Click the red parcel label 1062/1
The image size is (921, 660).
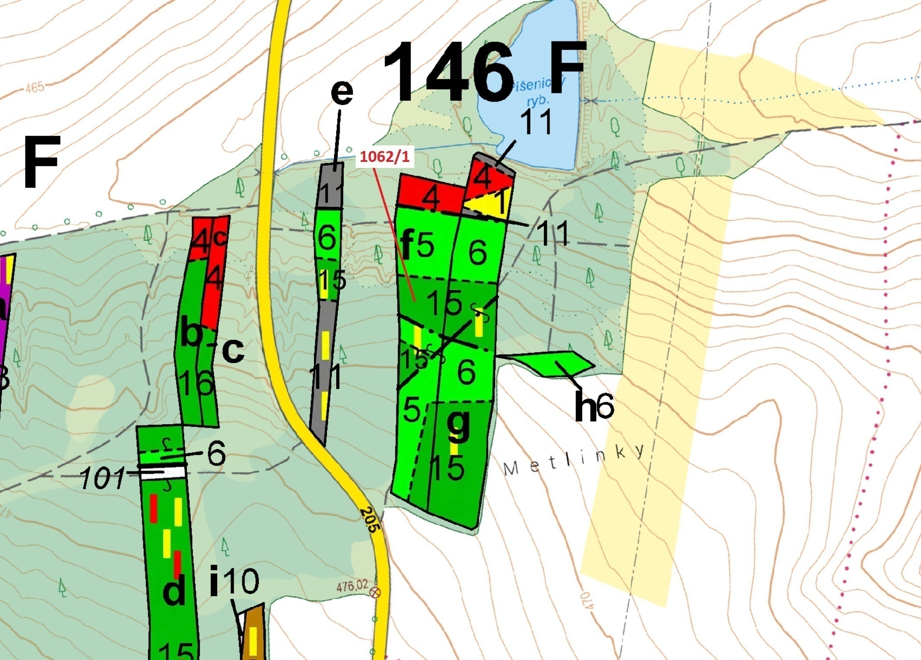385,157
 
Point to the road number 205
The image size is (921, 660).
370,519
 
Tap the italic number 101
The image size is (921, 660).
102,479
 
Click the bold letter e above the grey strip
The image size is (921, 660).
342,92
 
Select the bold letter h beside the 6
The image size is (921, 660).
585,407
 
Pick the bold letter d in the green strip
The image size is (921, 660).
174,591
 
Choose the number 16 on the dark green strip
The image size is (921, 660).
196,383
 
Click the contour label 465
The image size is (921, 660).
35,87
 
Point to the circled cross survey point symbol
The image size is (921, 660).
375,592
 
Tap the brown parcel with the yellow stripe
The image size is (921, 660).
253,634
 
